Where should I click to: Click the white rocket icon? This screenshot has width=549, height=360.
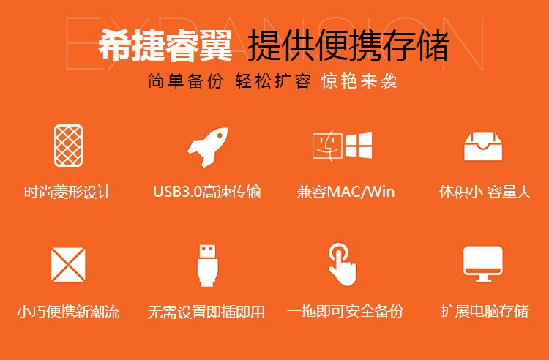(207, 146)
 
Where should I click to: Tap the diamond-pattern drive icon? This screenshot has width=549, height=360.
(69, 146)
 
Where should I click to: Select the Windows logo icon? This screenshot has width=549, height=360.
(359, 145)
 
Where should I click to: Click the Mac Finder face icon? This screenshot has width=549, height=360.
(327, 146)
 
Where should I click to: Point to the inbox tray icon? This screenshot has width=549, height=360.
(483, 146)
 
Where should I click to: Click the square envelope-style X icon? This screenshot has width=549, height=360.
(68, 265)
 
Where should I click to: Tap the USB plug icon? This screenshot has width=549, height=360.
(208, 266)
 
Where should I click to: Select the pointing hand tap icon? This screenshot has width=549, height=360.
(342, 264)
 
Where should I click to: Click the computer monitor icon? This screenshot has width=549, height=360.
(483, 264)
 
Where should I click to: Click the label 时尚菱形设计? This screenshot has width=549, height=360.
(68, 192)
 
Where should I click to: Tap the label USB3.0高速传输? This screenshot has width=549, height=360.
(207, 192)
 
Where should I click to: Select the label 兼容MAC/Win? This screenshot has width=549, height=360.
(346, 192)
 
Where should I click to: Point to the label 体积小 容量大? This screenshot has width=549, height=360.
(485, 192)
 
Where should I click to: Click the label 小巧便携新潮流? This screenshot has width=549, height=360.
(68, 312)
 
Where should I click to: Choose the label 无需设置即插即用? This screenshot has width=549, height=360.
(206, 312)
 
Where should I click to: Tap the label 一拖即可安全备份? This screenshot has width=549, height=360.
(346, 312)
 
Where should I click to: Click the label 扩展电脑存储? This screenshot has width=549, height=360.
(485, 312)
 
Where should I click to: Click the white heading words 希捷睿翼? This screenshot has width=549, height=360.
(165, 46)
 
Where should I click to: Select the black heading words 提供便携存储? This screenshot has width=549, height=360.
(348, 46)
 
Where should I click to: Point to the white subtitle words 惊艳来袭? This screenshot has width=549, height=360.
(359, 81)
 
